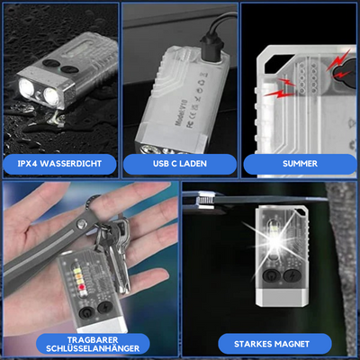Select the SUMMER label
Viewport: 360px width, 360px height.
pos(301,165)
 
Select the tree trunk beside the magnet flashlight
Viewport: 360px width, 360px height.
pos(337,261)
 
